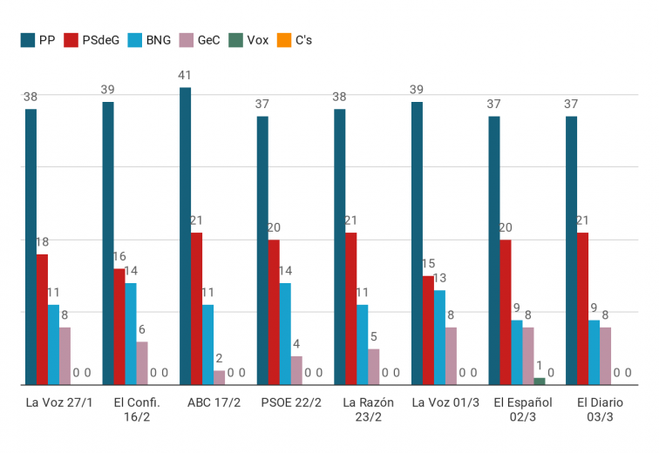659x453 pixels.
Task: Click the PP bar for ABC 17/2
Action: pyautogui.click(x=185, y=236)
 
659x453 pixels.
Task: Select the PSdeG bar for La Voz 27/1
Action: pyautogui.click(x=42, y=319)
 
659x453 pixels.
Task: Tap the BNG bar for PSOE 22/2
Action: pyautogui.click(x=285, y=334)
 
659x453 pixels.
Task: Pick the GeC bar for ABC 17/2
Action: pyautogui.click(x=220, y=377)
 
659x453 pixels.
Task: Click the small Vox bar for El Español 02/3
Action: pyautogui.click(x=540, y=381)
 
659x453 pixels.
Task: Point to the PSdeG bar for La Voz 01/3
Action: pyautogui.click(x=428, y=330)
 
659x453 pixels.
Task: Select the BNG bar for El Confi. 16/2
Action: pyautogui.click(x=131, y=334)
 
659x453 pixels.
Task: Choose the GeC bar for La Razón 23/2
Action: pyautogui.click(x=374, y=367)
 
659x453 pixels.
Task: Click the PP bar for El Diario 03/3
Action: pyautogui.click(x=571, y=250)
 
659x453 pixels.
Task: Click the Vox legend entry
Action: pyautogui.click(x=249, y=40)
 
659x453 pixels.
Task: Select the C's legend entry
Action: pyautogui.click(x=296, y=40)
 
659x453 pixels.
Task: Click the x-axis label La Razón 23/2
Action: pyautogui.click(x=368, y=409)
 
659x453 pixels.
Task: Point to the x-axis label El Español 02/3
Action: pyautogui.click(x=523, y=409)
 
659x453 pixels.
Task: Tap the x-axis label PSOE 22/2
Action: pyautogui.click(x=291, y=402)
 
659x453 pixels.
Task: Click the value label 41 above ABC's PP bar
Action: pyautogui.click(x=185, y=76)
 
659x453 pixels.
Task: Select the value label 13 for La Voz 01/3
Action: pyautogui.click(x=439, y=279)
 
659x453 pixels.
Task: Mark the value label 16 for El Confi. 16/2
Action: pyautogui.click(x=119, y=257)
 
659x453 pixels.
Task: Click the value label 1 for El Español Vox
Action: pyautogui.click(x=540, y=366)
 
